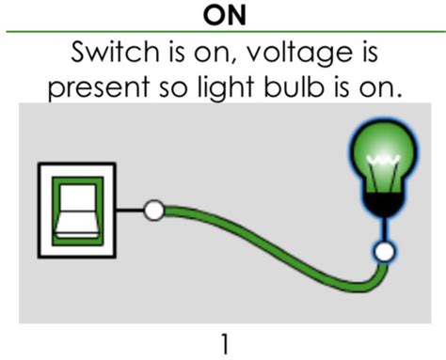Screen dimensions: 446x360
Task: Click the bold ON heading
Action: click(x=224, y=15)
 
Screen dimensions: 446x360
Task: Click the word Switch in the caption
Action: click(x=116, y=52)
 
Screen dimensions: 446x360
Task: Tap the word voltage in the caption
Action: click(x=300, y=54)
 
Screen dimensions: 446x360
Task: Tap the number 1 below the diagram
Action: click(x=225, y=344)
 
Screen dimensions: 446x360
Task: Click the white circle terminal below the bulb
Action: click(x=384, y=252)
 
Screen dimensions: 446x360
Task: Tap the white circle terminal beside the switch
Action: click(x=153, y=211)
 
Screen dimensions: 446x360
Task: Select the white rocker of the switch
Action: click(x=77, y=211)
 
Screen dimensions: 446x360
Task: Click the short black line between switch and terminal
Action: click(x=130, y=211)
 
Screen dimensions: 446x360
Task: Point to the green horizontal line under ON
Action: click(x=226, y=31)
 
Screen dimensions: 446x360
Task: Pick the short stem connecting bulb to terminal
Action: click(x=384, y=229)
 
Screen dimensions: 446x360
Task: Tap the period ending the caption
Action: click(x=399, y=94)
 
